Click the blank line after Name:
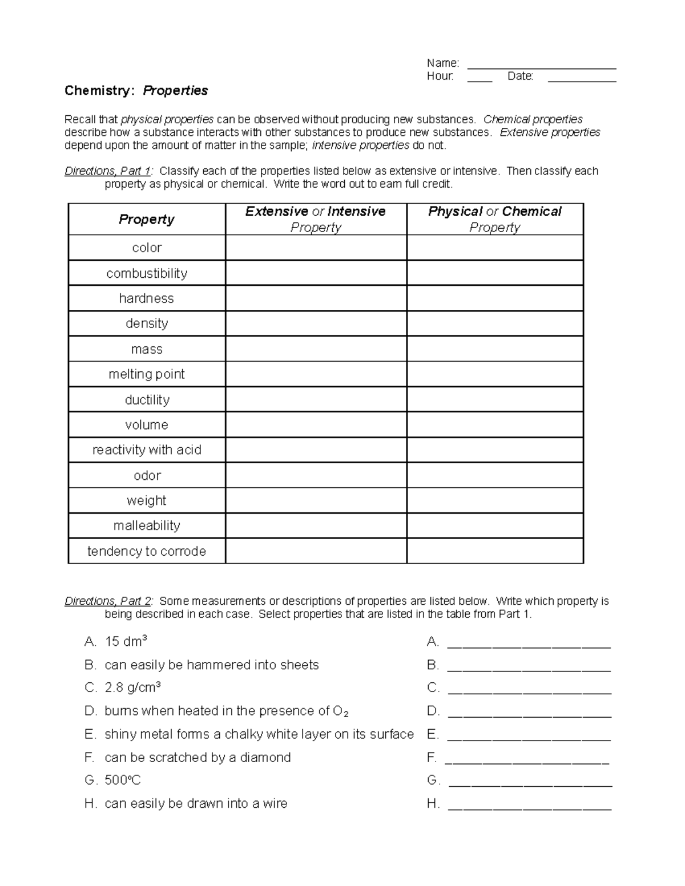coord(541,64)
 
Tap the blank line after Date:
coord(582,78)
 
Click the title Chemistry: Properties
coord(136,91)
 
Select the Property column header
coord(147,220)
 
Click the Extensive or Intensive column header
coord(316,219)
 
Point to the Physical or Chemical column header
coord(495,219)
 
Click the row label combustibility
coord(147,273)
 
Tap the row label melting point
coord(147,374)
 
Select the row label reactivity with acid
coord(147,450)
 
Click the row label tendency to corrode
coord(147,551)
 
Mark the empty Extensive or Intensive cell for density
coord(316,323)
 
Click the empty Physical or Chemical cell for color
coord(495,248)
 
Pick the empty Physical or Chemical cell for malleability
coord(495,525)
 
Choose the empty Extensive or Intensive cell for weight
coord(316,500)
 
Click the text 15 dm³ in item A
coord(126,642)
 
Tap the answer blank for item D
coord(529,713)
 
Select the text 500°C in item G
coord(123,780)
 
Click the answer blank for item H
coord(529,805)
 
